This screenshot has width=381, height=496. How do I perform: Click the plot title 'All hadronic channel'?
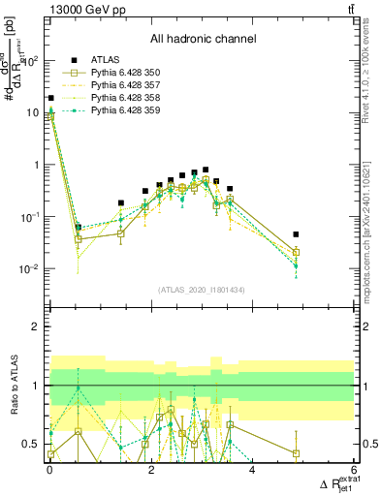tap(202, 40)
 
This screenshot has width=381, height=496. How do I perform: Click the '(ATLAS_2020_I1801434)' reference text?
tap(202, 290)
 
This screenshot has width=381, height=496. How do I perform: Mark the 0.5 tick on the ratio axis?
tap(35, 445)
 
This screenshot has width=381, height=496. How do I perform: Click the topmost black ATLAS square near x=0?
tap(50, 98)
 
